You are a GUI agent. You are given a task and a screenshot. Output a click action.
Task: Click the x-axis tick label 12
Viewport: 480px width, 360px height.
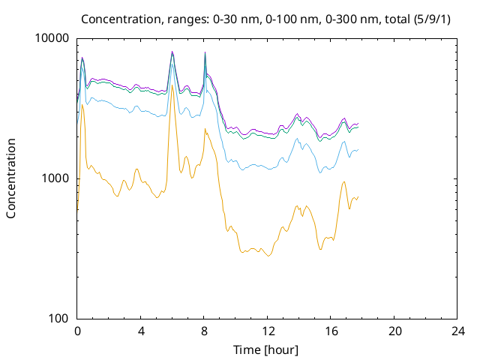[x=268, y=331]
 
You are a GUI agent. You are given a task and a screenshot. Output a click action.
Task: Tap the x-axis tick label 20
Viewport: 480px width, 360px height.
[x=395, y=331]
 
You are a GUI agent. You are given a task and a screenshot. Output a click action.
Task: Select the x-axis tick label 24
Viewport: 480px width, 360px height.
[x=458, y=331]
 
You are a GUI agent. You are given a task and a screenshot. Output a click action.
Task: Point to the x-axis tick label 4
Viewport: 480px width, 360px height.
[x=141, y=331]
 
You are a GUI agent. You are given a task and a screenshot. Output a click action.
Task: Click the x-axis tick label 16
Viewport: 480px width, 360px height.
[x=331, y=331]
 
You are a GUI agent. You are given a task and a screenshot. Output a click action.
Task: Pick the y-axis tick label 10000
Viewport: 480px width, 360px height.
[x=52, y=38]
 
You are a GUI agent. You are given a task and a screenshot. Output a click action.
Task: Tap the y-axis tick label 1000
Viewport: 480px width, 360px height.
[x=55, y=178]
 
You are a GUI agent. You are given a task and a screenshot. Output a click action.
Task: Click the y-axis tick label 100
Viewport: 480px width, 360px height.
[x=58, y=318]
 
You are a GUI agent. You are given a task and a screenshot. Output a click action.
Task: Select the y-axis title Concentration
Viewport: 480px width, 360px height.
[x=11, y=178]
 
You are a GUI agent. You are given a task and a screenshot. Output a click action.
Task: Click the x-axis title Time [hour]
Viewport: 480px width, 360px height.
[x=265, y=350]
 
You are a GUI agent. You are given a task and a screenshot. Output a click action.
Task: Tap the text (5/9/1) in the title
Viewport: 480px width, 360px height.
[x=432, y=19]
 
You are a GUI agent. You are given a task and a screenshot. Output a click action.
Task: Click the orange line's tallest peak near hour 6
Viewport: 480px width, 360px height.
[x=172, y=85]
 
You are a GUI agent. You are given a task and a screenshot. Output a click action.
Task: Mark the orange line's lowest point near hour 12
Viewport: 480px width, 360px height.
[x=268, y=256]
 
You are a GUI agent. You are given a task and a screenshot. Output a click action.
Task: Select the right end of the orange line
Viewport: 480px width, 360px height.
[x=358, y=196]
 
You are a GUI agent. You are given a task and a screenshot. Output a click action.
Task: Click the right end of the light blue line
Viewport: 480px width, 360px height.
[x=358, y=149]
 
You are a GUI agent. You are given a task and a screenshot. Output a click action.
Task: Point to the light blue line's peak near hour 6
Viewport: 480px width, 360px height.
[x=172, y=64]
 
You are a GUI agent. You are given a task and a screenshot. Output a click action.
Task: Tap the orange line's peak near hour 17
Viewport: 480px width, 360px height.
[x=344, y=181]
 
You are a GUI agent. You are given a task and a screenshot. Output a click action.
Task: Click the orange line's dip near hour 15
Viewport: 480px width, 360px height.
[x=320, y=250]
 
